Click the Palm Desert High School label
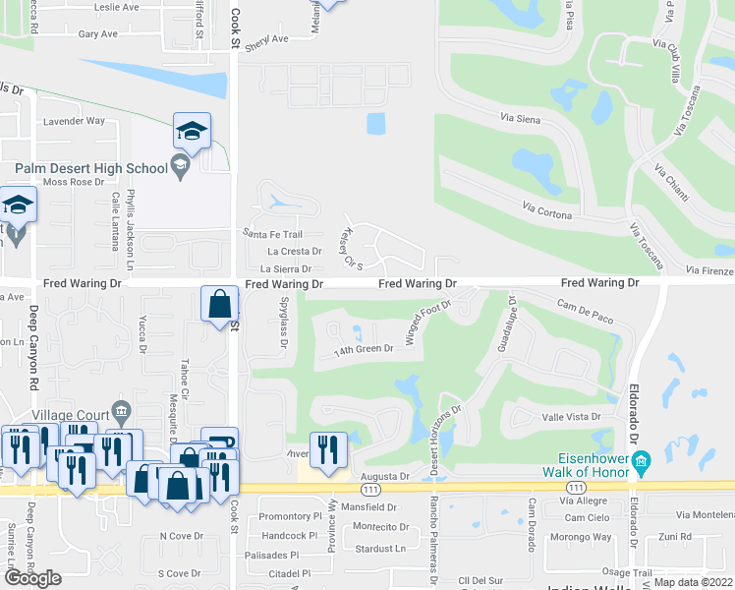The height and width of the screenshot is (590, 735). click(83, 168)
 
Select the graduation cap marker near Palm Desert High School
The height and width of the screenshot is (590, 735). click(192, 132)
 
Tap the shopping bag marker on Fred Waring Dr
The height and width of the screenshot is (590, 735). click(219, 305)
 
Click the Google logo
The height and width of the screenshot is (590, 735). click(32, 577)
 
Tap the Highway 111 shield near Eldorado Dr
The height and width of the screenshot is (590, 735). click(578, 488)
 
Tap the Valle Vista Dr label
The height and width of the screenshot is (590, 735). click(571, 417)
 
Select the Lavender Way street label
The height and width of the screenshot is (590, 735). click(75, 121)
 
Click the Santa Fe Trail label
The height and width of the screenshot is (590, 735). click(271, 233)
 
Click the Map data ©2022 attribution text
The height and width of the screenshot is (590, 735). click(692, 582)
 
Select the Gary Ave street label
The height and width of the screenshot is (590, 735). click(98, 33)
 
